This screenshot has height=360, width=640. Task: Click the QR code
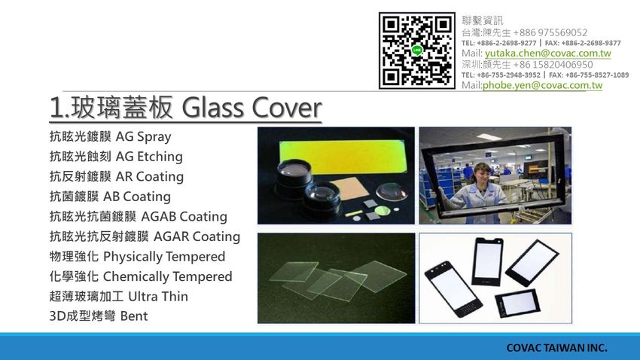point(416,50)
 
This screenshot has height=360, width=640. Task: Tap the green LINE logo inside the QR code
point(416,50)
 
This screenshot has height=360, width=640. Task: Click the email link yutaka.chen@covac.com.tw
point(547,53)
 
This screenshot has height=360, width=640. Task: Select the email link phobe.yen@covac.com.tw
point(542,85)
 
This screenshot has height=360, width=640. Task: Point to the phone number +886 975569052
point(550,32)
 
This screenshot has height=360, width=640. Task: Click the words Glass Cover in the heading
point(251,108)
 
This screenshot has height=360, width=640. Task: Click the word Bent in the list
point(134,316)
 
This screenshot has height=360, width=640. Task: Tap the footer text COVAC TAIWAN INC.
point(556,348)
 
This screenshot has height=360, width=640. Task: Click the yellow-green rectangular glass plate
point(343,157)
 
